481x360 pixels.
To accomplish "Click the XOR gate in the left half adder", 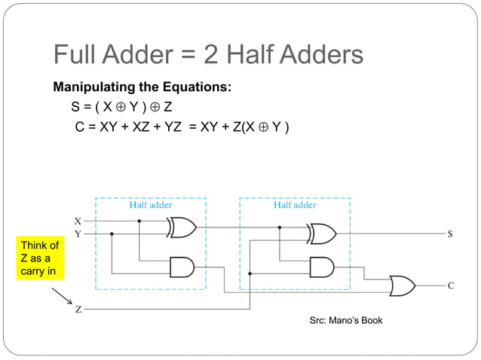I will pyautogui.click(x=182, y=227).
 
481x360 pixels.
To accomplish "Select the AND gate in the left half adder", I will pyautogui.click(x=182, y=266).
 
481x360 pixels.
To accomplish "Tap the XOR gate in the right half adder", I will pyautogui.click(x=322, y=233).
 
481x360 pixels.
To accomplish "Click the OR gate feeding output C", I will pyautogui.click(x=401, y=285).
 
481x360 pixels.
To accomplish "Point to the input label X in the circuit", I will pyautogui.click(x=78, y=221).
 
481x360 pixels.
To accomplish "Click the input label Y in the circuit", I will pyautogui.click(x=78, y=233).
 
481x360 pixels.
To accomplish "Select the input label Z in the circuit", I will pyautogui.click(x=78, y=309).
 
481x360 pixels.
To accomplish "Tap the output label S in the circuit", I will pyautogui.click(x=450, y=233).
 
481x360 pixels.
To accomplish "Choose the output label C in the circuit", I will pyautogui.click(x=450, y=285).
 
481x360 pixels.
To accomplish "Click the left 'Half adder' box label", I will pyautogui.click(x=151, y=204).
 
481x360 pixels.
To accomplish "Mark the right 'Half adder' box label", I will pyautogui.click(x=294, y=204).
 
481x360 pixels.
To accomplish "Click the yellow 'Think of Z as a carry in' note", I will pyautogui.click(x=40, y=258).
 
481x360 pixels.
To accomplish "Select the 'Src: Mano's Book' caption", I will pyautogui.click(x=346, y=320).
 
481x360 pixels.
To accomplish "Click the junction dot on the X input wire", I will pyautogui.click(x=139, y=221).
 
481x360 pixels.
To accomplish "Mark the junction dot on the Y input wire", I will pyautogui.click(x=112, y=233).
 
